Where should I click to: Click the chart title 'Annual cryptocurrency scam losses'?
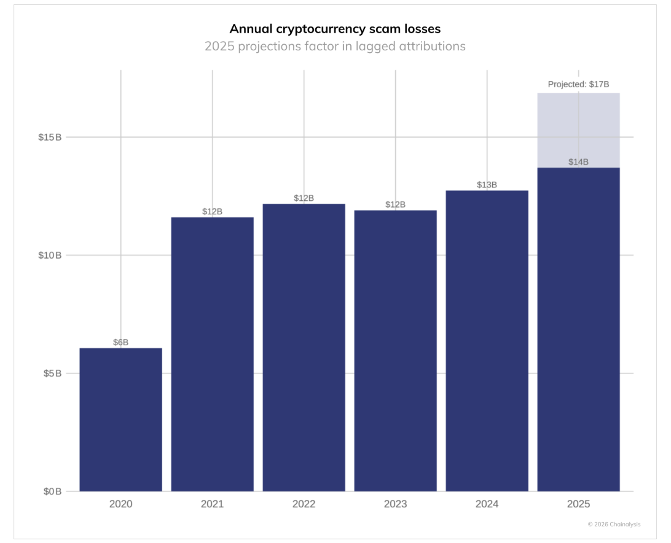pos(335,29)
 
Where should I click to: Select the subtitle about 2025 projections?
pos(335,46)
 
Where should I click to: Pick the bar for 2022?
pos(304,348)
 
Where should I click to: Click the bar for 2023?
pos(395,351)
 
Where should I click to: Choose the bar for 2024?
pos(487,341)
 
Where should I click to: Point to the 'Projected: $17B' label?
pos(578,85)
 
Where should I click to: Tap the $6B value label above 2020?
pos(121,342)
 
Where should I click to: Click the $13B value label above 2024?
pos(487,185)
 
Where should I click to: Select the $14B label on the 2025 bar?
pos(578,162)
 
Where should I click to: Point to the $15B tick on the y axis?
pos(50,137)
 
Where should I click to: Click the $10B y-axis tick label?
pos(50,255)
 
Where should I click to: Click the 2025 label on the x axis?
pos(578,504)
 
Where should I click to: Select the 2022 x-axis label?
pos(304,504)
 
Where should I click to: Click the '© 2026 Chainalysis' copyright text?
pos(614,524)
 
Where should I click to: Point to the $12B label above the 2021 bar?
pos(212,211)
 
